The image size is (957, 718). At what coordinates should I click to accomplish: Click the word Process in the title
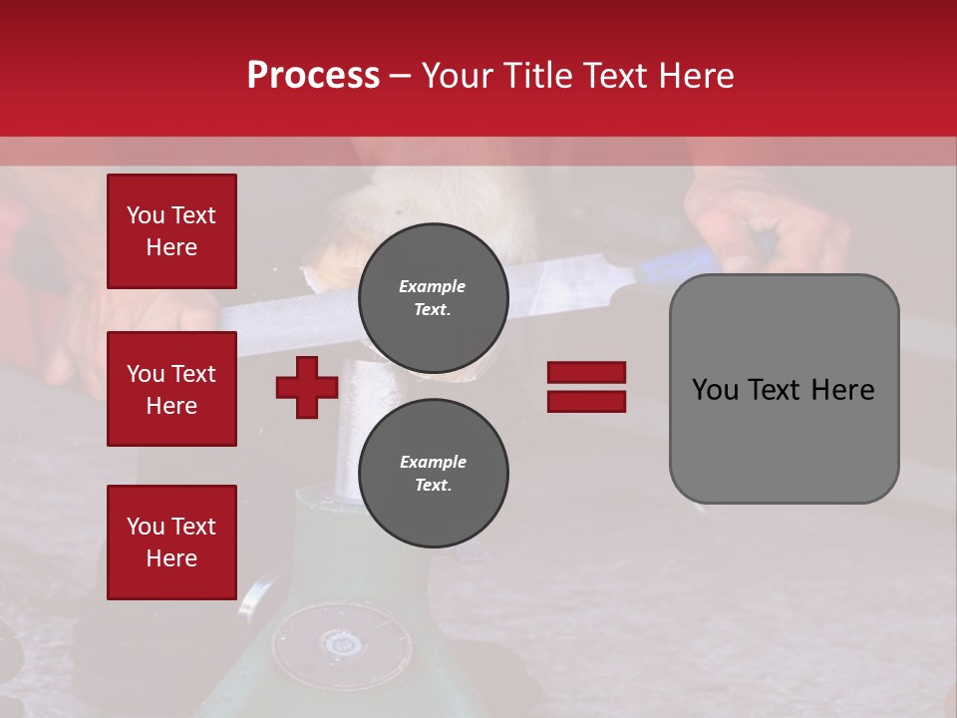(x=313, y=76)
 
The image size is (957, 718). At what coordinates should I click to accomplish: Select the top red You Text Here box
(x=171, y=231)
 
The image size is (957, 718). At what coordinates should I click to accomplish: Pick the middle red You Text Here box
(x=171, y=389)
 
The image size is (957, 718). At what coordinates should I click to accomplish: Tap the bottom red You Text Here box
(x=171, y=541)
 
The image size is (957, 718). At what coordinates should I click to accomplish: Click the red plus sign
(x=307, y=387)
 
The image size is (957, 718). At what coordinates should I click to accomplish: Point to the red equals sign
(x=586, y=387)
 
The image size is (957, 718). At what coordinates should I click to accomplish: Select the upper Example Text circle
(x=433, y=297)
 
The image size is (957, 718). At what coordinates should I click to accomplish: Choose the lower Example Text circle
(x=433, y=473)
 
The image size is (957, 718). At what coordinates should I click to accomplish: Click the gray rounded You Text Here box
(x=784, y=389)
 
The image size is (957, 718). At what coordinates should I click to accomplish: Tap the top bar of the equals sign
(x=586, y=373)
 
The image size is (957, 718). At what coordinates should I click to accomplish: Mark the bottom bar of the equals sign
(x=586, y=401)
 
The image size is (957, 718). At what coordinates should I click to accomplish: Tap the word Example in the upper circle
(x=433, y=286)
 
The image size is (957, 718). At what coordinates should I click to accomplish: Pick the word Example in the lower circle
(x=433, y=462)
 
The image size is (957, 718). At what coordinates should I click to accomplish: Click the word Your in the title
(x=458, y=76)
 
